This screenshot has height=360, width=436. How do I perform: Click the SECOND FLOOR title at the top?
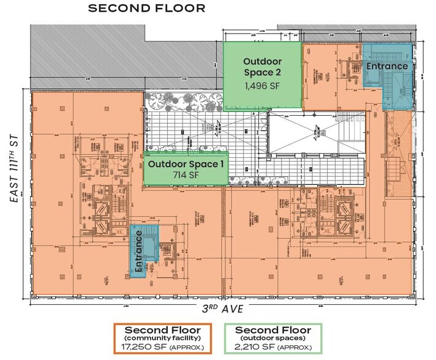146,9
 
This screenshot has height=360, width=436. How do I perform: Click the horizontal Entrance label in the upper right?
386,66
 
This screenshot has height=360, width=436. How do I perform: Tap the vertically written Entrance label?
138,252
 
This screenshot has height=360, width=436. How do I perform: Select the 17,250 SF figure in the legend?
146,348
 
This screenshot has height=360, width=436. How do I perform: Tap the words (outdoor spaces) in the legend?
272,338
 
